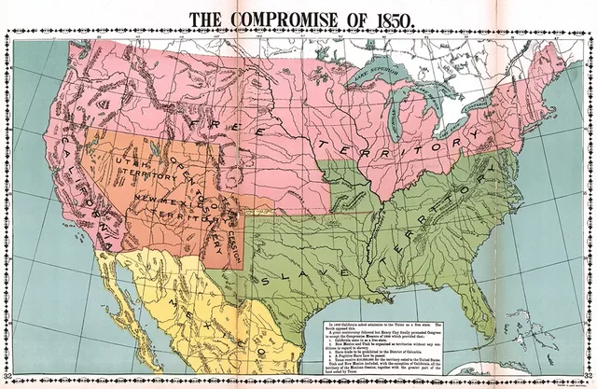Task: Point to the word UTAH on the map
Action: [130, 164]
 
